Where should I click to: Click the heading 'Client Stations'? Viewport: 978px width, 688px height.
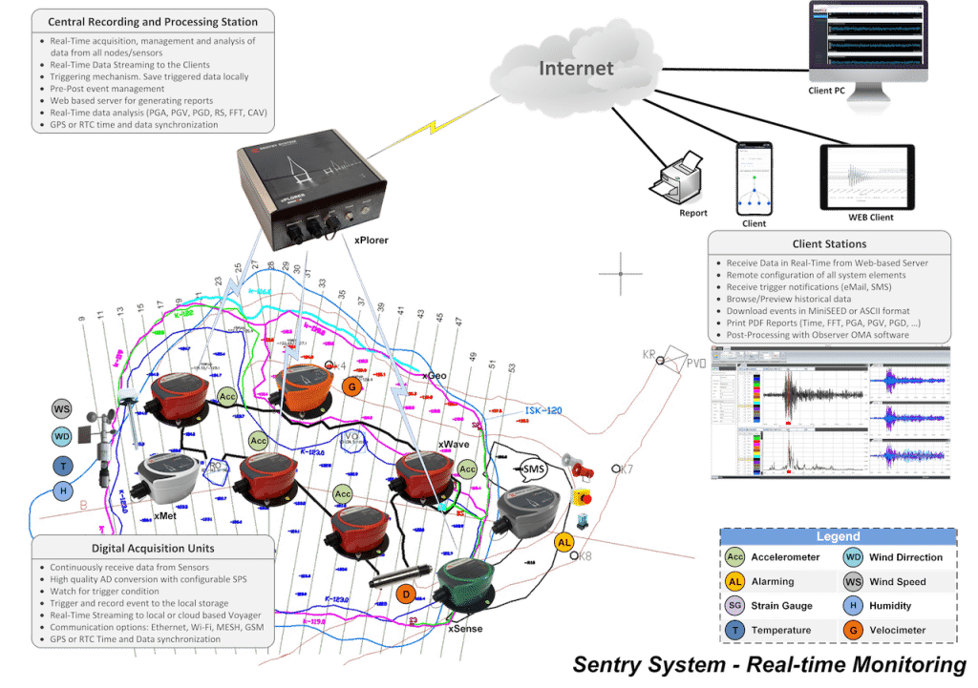(x=829, y=244)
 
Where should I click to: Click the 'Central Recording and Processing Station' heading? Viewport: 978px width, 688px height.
(x=153, y=21)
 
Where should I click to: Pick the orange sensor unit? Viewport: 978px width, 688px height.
(x=304, y=387)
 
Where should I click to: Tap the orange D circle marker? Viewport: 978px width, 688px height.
(x=406, y=594)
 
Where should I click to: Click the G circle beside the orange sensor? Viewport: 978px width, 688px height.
(x=351, y=386)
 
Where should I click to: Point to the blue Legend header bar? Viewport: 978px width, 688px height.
(x=838, y=537)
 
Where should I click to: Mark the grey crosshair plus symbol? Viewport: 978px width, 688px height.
(x=621, y=274)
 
